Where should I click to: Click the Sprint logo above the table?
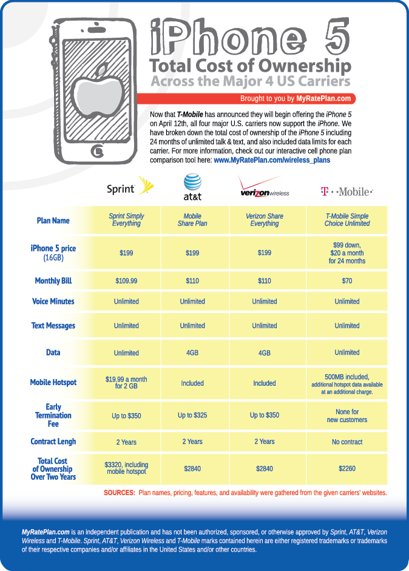127,187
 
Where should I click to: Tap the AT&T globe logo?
192,186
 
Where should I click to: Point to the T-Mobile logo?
346,191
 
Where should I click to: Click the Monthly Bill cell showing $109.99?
126,281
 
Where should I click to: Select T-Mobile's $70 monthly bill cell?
347,281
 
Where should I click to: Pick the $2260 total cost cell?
347,468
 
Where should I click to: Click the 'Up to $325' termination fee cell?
192,415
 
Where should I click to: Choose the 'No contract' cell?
347,442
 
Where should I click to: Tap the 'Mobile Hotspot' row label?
53,383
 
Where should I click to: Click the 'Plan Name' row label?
53,221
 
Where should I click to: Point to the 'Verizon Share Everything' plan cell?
265,220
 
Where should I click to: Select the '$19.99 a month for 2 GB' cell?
126,383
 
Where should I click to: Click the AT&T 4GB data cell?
192,352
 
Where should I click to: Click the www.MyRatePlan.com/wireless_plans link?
272,160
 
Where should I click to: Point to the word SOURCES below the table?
120,493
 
